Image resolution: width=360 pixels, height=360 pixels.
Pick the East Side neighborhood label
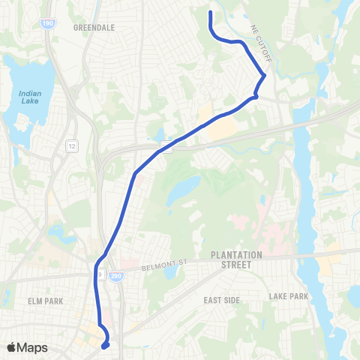click(x=222, y=299)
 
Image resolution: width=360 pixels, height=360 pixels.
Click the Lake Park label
click(x=289, y=296)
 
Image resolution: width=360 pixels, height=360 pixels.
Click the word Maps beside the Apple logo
click(x=34, y=347)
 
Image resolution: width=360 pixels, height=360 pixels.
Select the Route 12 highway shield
click(x=71, y=143)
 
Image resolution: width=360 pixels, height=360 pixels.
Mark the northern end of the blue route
click(x=210, y=12)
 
